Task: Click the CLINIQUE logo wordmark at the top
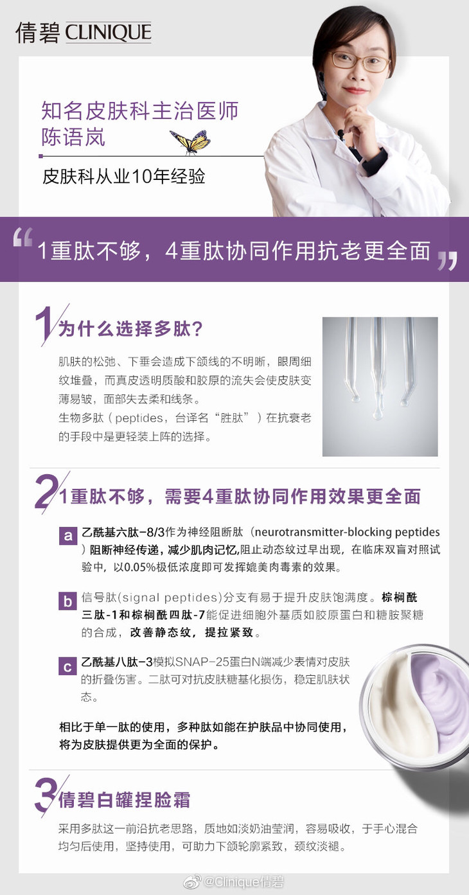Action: click(x=109, y=32)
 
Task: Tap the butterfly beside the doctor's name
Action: click(x=191, y=141)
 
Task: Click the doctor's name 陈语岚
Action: click(x=73, y=137)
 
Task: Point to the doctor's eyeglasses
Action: click(x=358, y=61)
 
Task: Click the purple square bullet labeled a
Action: click(x=67, y=535)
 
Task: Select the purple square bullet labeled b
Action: click(x=67, y=601)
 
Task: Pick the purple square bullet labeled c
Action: click(x=67, y=666)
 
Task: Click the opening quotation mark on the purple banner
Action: click(x=22, y=236)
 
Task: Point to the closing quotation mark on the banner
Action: click(x=447, y=260)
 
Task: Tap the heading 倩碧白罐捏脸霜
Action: click(x=124, y=800)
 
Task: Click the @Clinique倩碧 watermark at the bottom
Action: click(x=243, y=882)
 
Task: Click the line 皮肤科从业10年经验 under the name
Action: click(x=124, y=176)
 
